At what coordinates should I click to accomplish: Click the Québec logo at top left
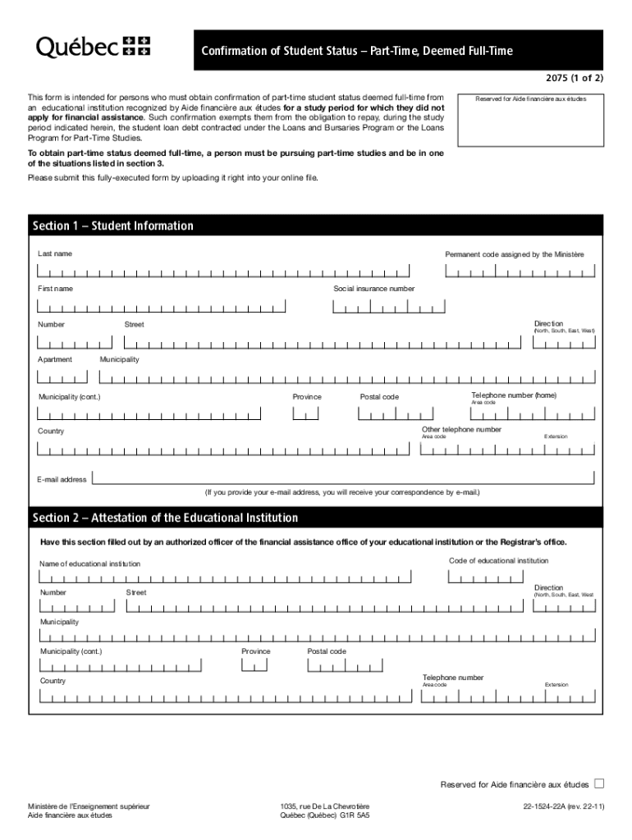click(x=93, y=48)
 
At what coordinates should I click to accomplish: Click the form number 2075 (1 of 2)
click(x=569, y=79)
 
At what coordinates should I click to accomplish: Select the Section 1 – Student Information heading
click(x=113, y=226)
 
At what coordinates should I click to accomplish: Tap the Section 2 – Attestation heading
click(x=165, y=518)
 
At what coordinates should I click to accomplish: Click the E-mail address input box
click(x=345, y=477)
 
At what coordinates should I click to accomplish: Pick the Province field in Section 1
click(x=305, y=413)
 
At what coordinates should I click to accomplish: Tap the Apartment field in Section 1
click(x=62, y=377)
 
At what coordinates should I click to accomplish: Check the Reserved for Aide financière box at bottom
click(x=598, y=783)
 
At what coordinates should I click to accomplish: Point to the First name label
click(x=55, y=289)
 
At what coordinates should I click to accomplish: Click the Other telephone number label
click(x=461, y=429)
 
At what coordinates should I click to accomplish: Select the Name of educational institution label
click(x=89, y=564)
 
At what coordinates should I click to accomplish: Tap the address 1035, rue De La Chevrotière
click(x=324, y=807)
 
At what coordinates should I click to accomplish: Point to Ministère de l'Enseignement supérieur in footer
click(x=89, y=807)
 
